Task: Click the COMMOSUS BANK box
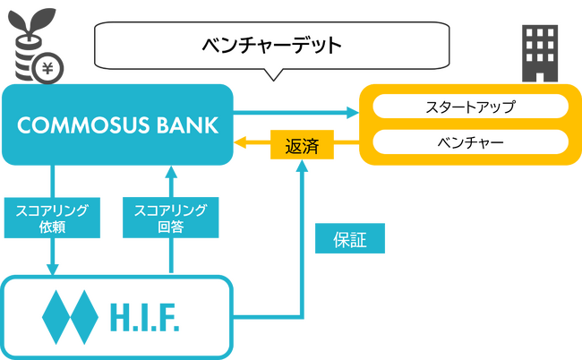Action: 117,124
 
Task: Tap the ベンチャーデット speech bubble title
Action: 271,44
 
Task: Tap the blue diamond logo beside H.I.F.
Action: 69,316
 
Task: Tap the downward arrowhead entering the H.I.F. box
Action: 52,269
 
